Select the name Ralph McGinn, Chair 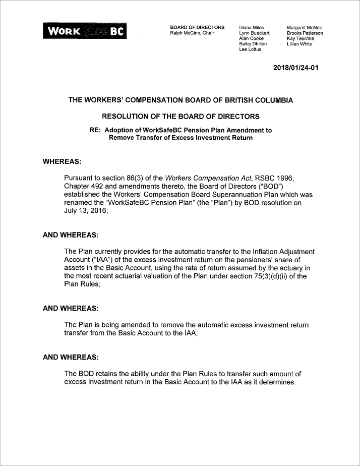[192, 33]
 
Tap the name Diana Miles [252, 27]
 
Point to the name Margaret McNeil [304, 27]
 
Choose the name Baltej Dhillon [253, 44]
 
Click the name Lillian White [299, 44]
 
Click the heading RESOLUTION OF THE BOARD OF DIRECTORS [180, 116]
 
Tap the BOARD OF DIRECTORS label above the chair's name [197, 27]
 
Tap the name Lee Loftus [251, 49]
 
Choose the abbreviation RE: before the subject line [95, 130]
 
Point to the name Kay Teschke [300, 38]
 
